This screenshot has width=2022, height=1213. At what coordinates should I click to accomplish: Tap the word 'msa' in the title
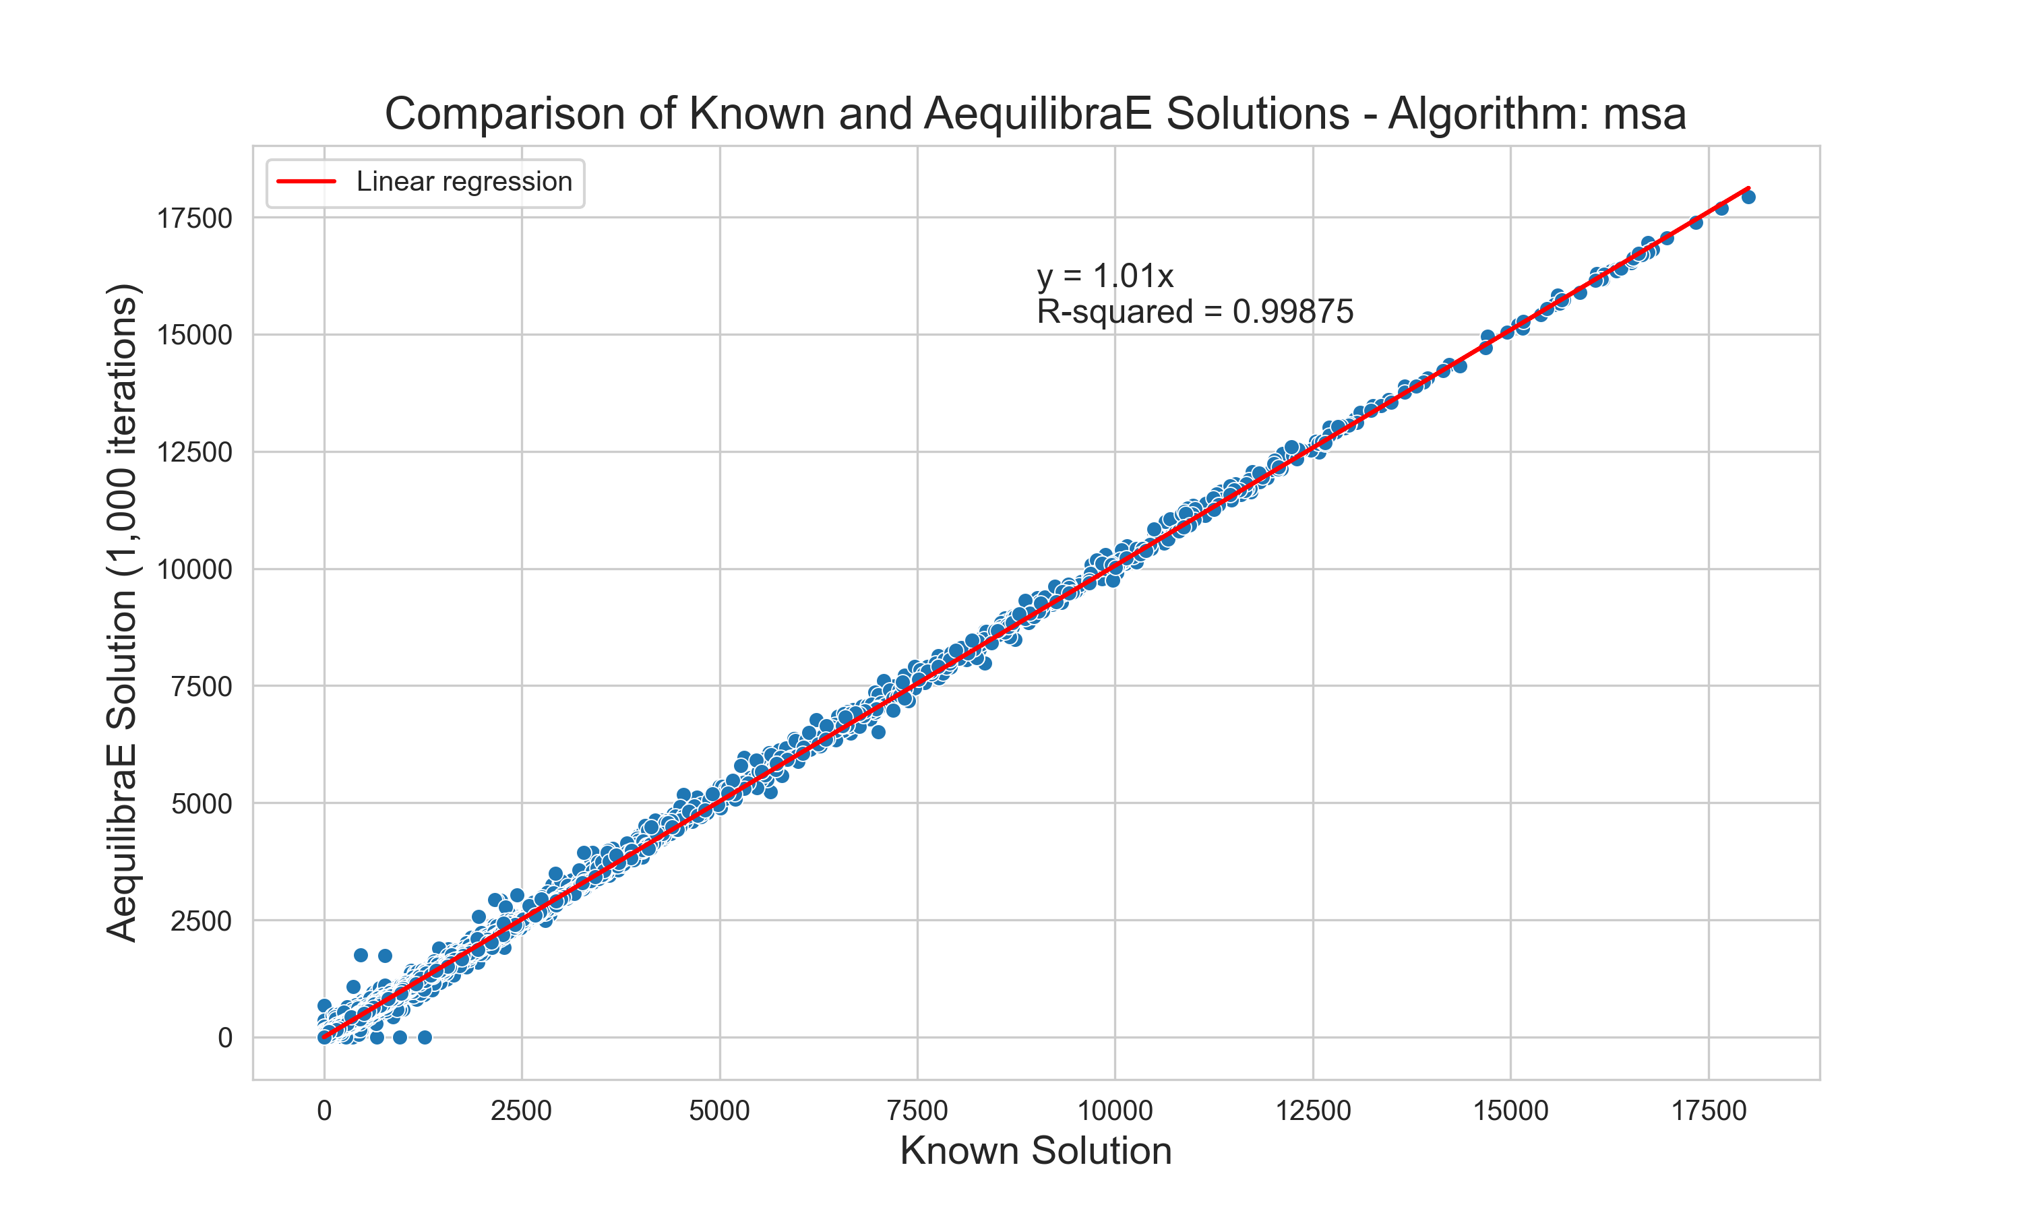tap(1644, 114)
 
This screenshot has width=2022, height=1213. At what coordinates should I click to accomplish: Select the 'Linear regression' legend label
tap(464, 181)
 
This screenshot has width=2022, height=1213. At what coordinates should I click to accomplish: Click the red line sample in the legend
tap(307, 181)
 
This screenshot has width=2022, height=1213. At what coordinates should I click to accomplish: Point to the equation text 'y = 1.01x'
tap(1104, 276)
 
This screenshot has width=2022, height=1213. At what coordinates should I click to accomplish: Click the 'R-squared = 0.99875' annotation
tap(1194, 311)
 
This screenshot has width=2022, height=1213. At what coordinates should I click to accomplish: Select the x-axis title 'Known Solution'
tap(1035, 1151)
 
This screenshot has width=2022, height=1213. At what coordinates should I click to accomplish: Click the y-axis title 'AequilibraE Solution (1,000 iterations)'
tap(123, 613)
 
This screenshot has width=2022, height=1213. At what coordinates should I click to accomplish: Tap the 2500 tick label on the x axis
tap(522, 1111)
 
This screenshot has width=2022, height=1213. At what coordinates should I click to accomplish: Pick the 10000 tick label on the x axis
tap(1115, 1111)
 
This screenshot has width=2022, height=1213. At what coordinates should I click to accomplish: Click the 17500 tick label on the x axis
tap(1708, 1111)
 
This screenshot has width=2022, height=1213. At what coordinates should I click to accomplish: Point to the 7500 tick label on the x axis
tap(917, 1111)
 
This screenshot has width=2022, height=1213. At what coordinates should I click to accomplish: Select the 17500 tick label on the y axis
tap(195, 218)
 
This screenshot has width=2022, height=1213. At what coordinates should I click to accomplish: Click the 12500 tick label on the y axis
tap(195, 452)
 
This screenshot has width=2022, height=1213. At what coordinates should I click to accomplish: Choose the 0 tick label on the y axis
tap(224, 1038)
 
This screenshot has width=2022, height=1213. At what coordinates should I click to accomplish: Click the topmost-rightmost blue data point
tap(1748, 197)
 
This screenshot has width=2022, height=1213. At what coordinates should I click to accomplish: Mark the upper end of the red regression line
tap(1748, 188)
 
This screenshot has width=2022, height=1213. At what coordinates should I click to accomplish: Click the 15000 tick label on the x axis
tap(1510, 1111)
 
